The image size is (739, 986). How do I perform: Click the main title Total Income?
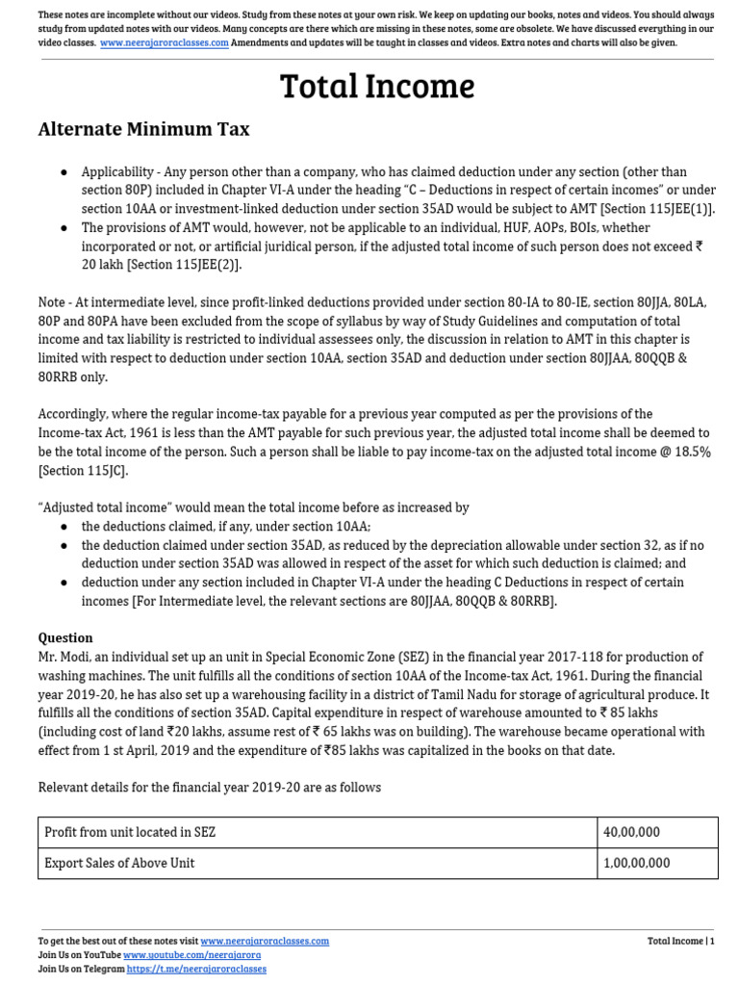click(x=376, y=87)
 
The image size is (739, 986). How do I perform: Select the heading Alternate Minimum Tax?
click(x=143, y=129)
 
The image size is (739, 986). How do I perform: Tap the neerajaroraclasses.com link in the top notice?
click(x=164, y=43)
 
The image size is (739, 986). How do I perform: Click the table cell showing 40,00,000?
click(x=631, y=832)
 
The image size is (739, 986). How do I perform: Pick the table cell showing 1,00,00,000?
click(x=637, y=863)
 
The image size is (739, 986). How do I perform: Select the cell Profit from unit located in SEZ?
click(x=137, y=832)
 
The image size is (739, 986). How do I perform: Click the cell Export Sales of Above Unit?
click(x=120, y=863)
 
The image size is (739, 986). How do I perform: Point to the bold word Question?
click(x=65, y=637)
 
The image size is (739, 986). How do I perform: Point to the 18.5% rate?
click(x=691, y=452)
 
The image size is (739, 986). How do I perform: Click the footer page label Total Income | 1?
click(x=680, y=941)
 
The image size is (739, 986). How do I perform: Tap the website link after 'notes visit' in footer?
click(x=265, y=941)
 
